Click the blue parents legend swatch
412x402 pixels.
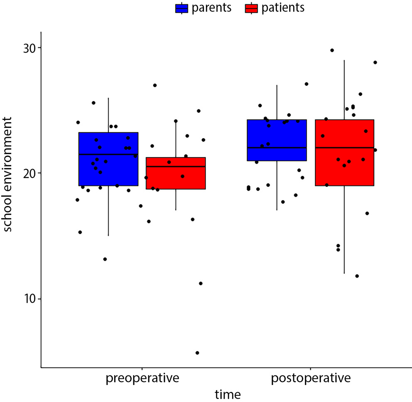pyautogui.click(x=182, y=8)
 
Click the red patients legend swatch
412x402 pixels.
pyautogui.click(x=252, y=8)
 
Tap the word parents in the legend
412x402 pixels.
pyautogui.click(x=212, y=8)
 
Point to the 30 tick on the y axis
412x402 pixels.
pyautogui.click(x=29, y=48)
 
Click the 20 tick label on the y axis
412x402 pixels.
pyautogui.click(x=29, y=173)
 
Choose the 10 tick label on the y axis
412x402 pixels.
pyautogui.click(x=29, y=299)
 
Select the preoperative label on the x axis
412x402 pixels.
pyautogui.click(x=142, y=379)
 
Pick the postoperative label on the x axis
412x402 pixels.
pyautogui.click(x=311, y=379)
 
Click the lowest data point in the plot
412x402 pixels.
pyautogui.click(x=197, y=353)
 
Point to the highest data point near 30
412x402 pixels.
pyautogui.click(x=332, y=50)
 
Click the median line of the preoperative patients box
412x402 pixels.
pyautogui.click(x=176, y=167)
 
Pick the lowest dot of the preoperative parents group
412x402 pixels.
pyautogui.click(x=105, y=259)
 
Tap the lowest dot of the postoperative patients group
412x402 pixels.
pyautogui.click(x=357, y=276)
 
